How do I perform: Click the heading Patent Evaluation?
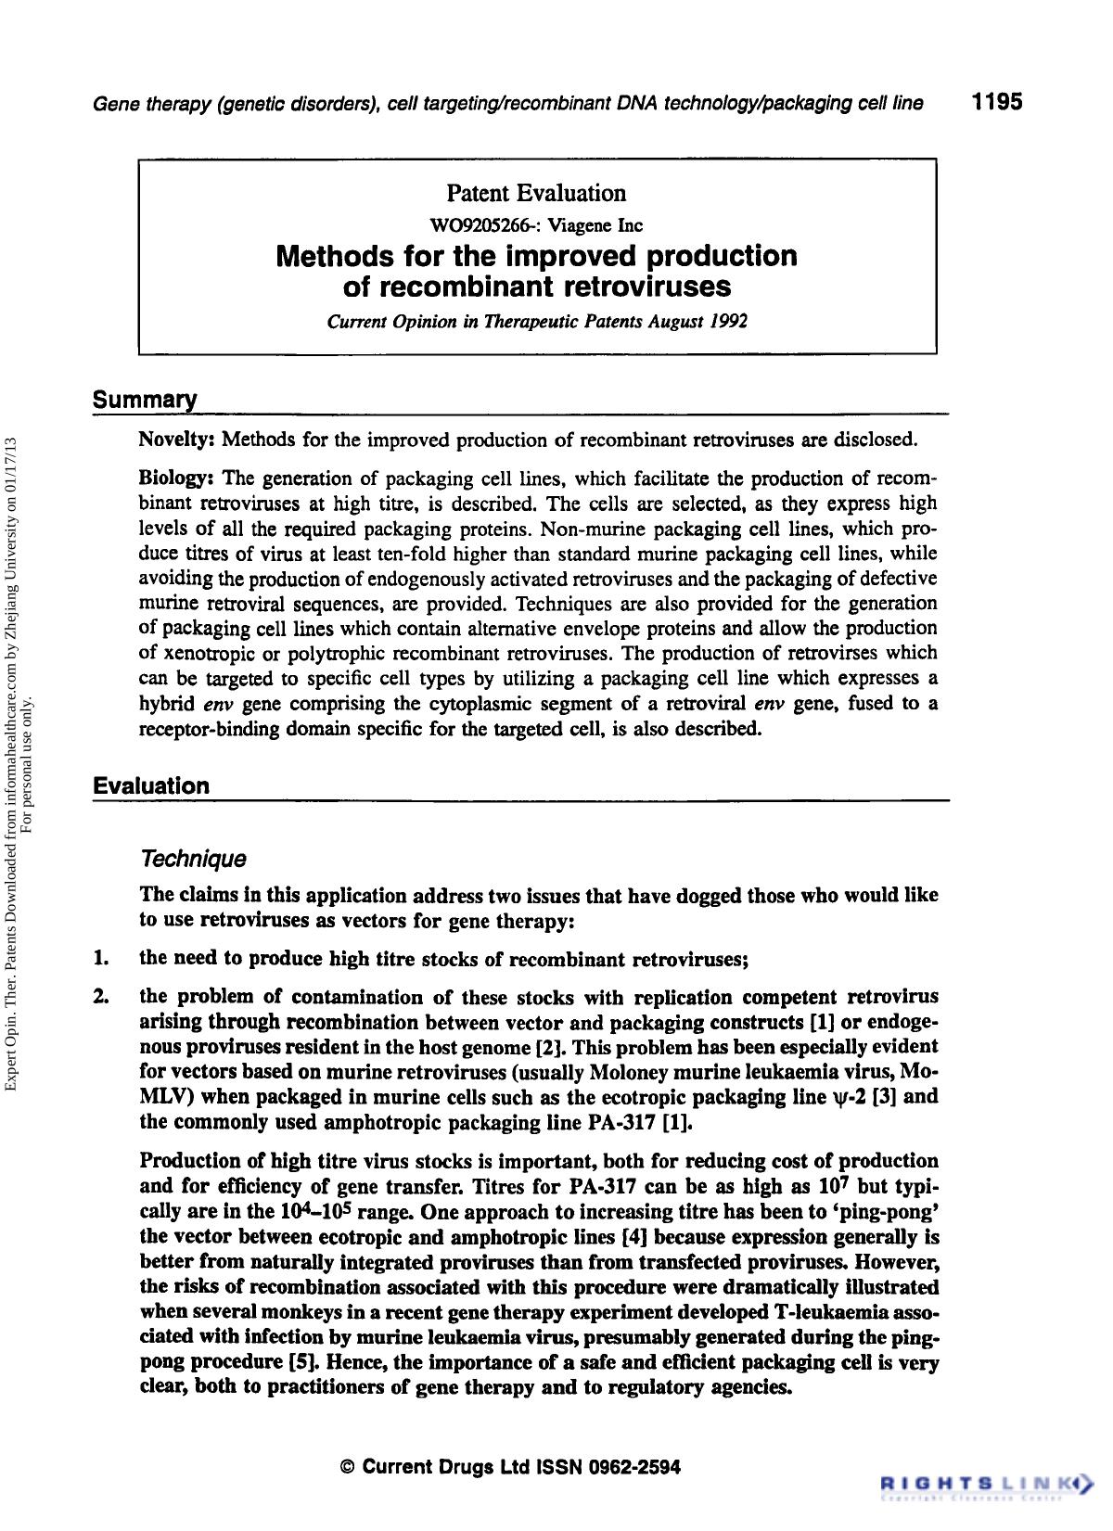(536, 193)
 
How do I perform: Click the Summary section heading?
(145, 401)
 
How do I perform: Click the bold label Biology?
(176, 479)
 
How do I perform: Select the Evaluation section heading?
(151, 786)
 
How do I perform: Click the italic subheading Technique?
(192, 859)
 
